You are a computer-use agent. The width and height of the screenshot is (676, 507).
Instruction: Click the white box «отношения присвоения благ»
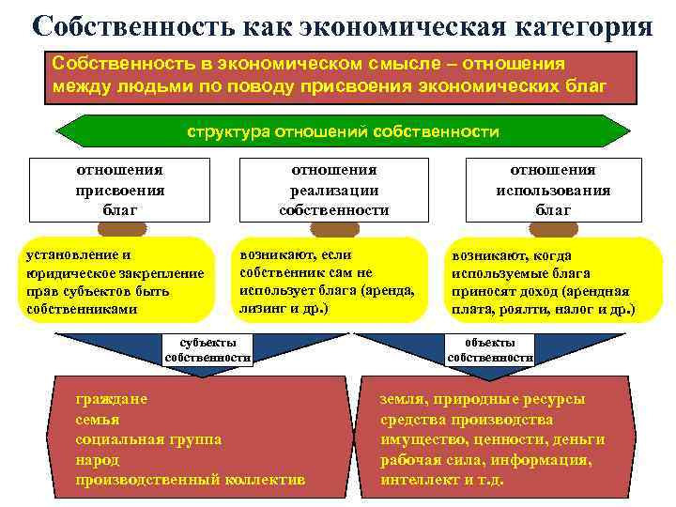[119, 190]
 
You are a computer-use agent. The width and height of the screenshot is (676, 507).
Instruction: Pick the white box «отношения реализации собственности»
[333, 190]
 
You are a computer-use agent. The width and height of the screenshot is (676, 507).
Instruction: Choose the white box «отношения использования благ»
[553, 190]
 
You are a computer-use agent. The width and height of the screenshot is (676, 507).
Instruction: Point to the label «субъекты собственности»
[207, 349]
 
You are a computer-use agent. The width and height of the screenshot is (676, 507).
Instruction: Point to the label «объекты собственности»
[490, 349]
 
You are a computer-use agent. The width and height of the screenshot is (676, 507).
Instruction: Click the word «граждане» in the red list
[111, 399]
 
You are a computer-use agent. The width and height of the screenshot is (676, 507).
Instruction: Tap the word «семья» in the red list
[98, 419]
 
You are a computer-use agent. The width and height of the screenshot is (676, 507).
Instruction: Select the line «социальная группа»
[148, 438]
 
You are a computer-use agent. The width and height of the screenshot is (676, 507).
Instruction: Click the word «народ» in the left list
[98, 459]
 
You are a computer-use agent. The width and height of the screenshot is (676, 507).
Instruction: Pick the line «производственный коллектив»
[190, 479]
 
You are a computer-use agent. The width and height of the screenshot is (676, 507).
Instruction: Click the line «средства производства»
[467, 419]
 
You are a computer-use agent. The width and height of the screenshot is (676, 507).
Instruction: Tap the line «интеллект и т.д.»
[441, 479]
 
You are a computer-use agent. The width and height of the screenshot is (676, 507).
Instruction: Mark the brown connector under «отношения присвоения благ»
[122, 228]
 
